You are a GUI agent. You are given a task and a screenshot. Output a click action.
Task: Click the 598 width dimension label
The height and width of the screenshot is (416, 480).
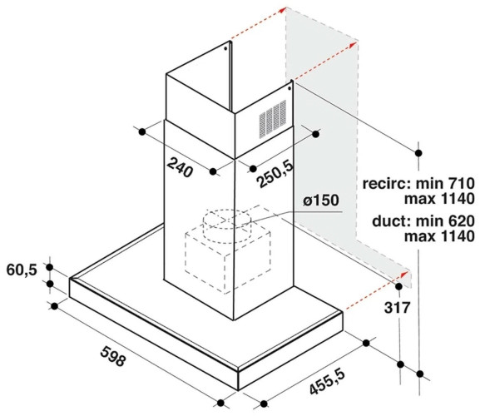pyautogui.click(x=112, y=356)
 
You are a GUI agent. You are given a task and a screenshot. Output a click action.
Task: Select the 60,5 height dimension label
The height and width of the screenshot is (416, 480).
pyautogui.click(x=22, y=270)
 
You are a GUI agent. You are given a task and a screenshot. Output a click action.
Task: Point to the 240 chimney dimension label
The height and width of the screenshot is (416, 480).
pyautogui.click(x=181, y=167)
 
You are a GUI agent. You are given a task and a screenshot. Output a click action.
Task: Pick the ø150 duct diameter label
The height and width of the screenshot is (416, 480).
pyautogui.click(x=321, y=201)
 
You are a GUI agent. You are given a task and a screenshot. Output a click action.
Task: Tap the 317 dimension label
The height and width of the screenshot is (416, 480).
pyautogui.click(x=397, y=308)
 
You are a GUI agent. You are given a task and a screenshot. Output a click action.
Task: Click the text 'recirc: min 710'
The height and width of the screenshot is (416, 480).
pyautogui.click(x=418, y=184)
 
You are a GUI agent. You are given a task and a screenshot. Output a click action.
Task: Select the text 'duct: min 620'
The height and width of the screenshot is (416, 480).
pyautogui.click(x=423, y=221)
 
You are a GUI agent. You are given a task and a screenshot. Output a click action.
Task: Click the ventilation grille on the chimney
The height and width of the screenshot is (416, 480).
pyautogui.click(x=273, y=118)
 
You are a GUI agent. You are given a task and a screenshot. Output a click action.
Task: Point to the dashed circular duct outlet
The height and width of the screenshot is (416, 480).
pyautogui.click(x=227, y=226)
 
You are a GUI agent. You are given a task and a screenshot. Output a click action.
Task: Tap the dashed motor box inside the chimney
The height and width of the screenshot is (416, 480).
pyautogui.click(x=228, y=260)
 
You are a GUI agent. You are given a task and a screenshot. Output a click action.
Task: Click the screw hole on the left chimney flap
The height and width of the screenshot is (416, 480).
pyautogui.click(x=225, y=48)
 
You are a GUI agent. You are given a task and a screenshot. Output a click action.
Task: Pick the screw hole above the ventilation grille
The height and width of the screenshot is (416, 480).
pyautogui.click(x=289, y=88)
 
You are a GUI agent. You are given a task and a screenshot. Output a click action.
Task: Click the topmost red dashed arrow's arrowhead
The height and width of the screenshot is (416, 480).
pyautogui.click(x=282, y=10)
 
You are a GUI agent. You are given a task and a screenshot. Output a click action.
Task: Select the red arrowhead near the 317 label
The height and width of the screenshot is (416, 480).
pyautogui.click(x=405, y=274)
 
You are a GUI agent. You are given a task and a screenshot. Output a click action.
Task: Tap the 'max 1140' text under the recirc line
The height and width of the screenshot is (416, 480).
pyautogui.click(x=439, y=199)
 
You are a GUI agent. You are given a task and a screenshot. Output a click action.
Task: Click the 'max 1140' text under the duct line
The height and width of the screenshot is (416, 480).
pyautogui.click(x=439, y=236)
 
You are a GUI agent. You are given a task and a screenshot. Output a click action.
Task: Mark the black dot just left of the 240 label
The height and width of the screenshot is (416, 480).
pyautogui.click(x=142, y=132)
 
